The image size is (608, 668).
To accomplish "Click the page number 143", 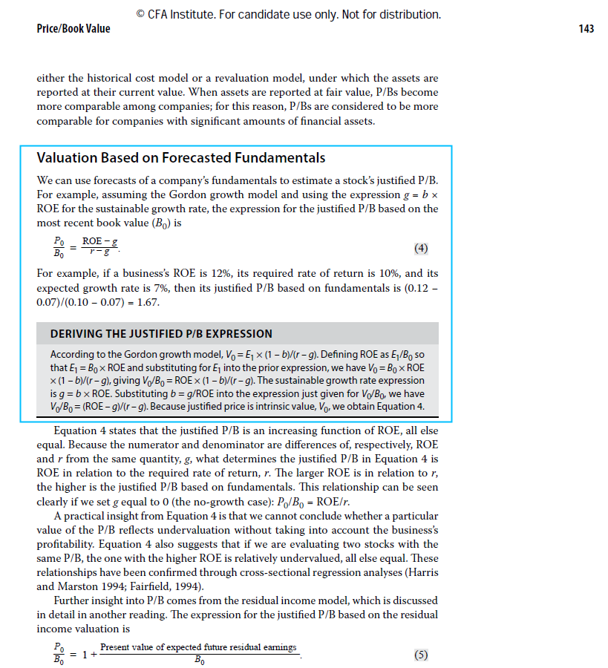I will pos(585,29).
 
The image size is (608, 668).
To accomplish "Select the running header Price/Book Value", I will pos(73,29).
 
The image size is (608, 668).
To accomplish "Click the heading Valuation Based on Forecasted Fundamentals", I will pos(181,158).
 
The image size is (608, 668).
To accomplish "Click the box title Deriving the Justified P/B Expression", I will pos(161,334).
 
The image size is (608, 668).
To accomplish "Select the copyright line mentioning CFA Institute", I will pos(289,14).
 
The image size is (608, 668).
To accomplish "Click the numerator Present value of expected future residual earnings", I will pos(198,647).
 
